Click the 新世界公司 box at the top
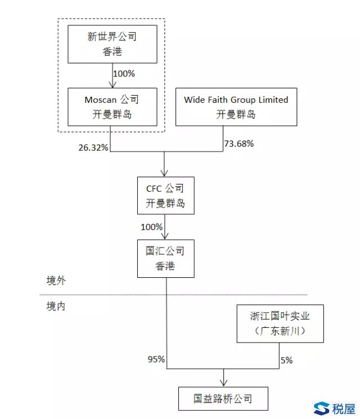[112, 44]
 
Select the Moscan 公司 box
[112, 107]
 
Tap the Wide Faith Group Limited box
[236, 107]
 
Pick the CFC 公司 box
[166, 195]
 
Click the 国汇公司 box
[166, 258]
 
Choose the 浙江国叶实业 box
[280, 323]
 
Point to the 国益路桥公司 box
[223, 398]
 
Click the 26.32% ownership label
[93, 147]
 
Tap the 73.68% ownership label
[239, 144]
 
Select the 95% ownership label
[156, 359]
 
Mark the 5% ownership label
[286, 360]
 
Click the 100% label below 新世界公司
[124, 74]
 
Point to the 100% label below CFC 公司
[151, 227]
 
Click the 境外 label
[56, 281]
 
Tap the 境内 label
[56, 306]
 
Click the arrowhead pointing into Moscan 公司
[112, 84]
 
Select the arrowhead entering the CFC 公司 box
[164, 173]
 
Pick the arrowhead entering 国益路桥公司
[223, 383]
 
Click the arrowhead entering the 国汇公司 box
[165, 236]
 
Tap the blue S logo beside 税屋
[321, 408]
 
